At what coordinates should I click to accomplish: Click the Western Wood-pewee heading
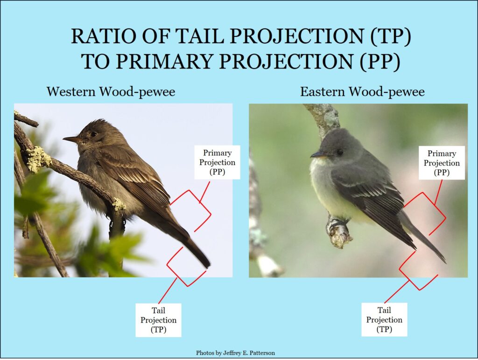[111, 92]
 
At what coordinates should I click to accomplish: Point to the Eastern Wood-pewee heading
[362, 92]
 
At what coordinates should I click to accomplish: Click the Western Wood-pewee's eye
[93, 134]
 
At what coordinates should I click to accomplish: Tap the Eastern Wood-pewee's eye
[340, 152]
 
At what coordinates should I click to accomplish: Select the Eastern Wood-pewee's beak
[317, 155]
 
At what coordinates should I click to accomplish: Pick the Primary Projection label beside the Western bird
[218, 162]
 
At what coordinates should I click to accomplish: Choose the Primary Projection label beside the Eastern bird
[442, 163]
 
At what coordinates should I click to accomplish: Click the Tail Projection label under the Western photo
[159, 320]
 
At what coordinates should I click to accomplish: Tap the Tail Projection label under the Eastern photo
[385, 319]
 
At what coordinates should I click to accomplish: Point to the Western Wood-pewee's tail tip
[208, 266]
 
